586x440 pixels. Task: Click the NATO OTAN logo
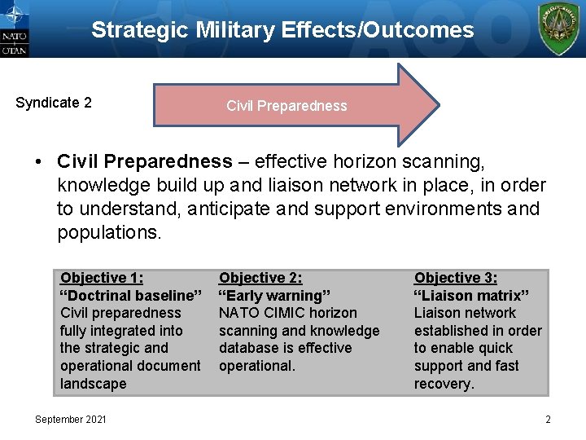[x=15, y=29]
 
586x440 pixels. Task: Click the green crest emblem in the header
[x=560, y=29]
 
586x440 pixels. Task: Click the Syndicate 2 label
[x=54, y=103]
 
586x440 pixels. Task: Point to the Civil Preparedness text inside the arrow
[x=286, y=106]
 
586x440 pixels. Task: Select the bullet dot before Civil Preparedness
[x=39, y=162]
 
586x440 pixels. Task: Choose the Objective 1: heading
[x=102, y=278]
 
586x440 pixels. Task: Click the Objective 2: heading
[x=260, y=278]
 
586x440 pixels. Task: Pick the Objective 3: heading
[x=456, y=278]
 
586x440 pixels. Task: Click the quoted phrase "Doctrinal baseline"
[x=131, y=296]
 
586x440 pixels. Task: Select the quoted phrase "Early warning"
[x=271, y=296]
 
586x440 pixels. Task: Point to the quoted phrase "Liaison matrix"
[x=471, y=296]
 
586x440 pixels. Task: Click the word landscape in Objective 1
[x=94, y=384]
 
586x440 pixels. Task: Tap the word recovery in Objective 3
[x=443, y=384]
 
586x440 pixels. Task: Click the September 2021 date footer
[x=70, y=419]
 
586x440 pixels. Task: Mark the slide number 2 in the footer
[x=548, y=419]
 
